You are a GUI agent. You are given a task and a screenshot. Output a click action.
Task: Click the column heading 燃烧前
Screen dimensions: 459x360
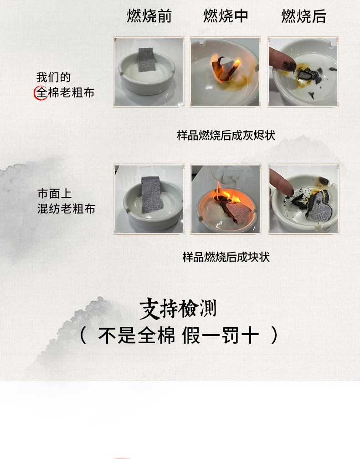click(x=149, y=16)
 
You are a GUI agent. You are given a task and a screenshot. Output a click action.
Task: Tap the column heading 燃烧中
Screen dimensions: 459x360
click(x=226, y=16)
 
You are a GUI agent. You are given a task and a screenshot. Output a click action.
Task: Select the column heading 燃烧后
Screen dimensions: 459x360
click(x=303, y=16)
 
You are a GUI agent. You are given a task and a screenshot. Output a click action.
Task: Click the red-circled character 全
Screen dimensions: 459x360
click(x=41, y=93)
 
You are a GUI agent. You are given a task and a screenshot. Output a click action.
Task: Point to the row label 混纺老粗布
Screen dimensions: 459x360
click(x=66, y=209)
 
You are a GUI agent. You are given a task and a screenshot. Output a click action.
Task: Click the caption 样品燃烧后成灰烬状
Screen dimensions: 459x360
click(x=226, y=135)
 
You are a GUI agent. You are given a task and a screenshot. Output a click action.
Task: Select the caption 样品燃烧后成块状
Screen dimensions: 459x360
click(x=226, y=257)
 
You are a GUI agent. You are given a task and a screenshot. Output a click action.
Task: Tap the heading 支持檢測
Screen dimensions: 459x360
click(x=178, y=309)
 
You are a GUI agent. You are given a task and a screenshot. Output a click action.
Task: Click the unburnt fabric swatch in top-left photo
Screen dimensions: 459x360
click(x=147, y=59)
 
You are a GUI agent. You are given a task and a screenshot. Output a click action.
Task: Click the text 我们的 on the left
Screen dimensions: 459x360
click(x=53, y=77)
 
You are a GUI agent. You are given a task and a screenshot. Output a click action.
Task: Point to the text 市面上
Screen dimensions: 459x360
click(x=54, y=194)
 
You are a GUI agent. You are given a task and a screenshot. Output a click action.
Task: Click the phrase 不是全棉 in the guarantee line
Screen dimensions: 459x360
click(x=137, y=336)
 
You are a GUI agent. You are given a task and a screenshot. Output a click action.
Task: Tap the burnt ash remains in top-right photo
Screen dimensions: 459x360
click(x=304, y=73)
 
